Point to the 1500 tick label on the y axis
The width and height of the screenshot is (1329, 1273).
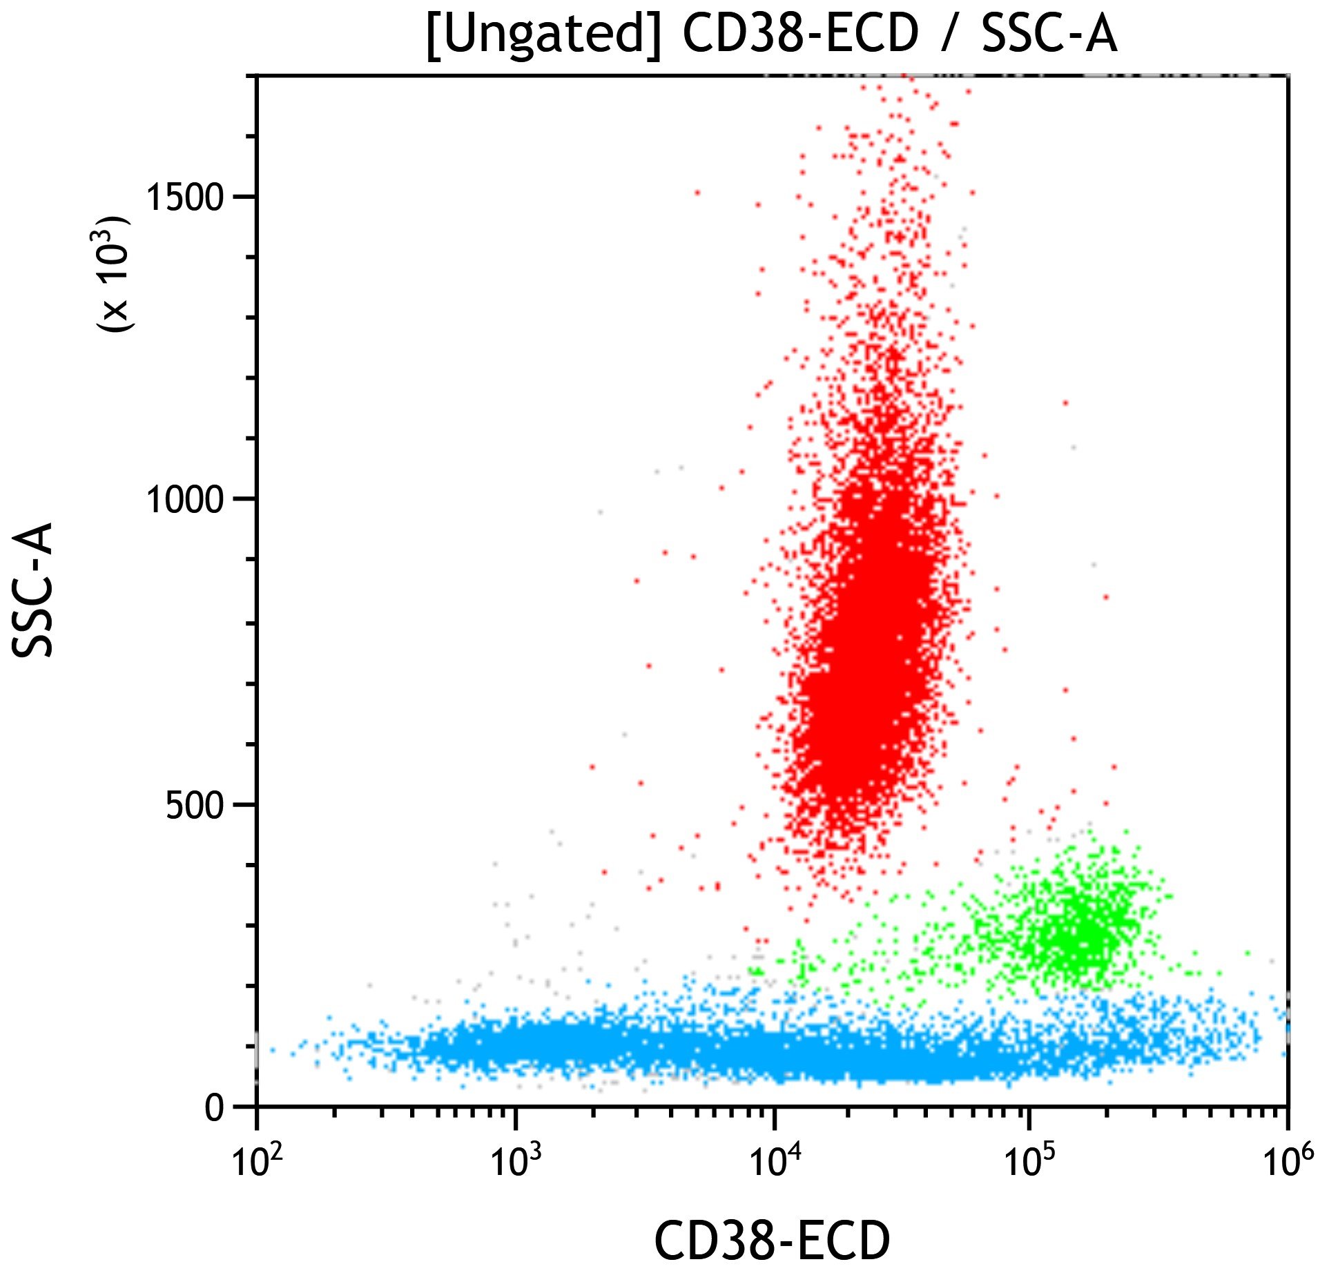(185, 197)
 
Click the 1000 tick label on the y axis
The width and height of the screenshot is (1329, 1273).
(185, 500)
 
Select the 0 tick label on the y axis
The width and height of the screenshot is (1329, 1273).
(215, 1108)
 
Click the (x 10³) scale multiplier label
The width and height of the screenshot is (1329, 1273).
(113, 274)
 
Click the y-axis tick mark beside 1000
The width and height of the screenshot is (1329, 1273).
(244, 498)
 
